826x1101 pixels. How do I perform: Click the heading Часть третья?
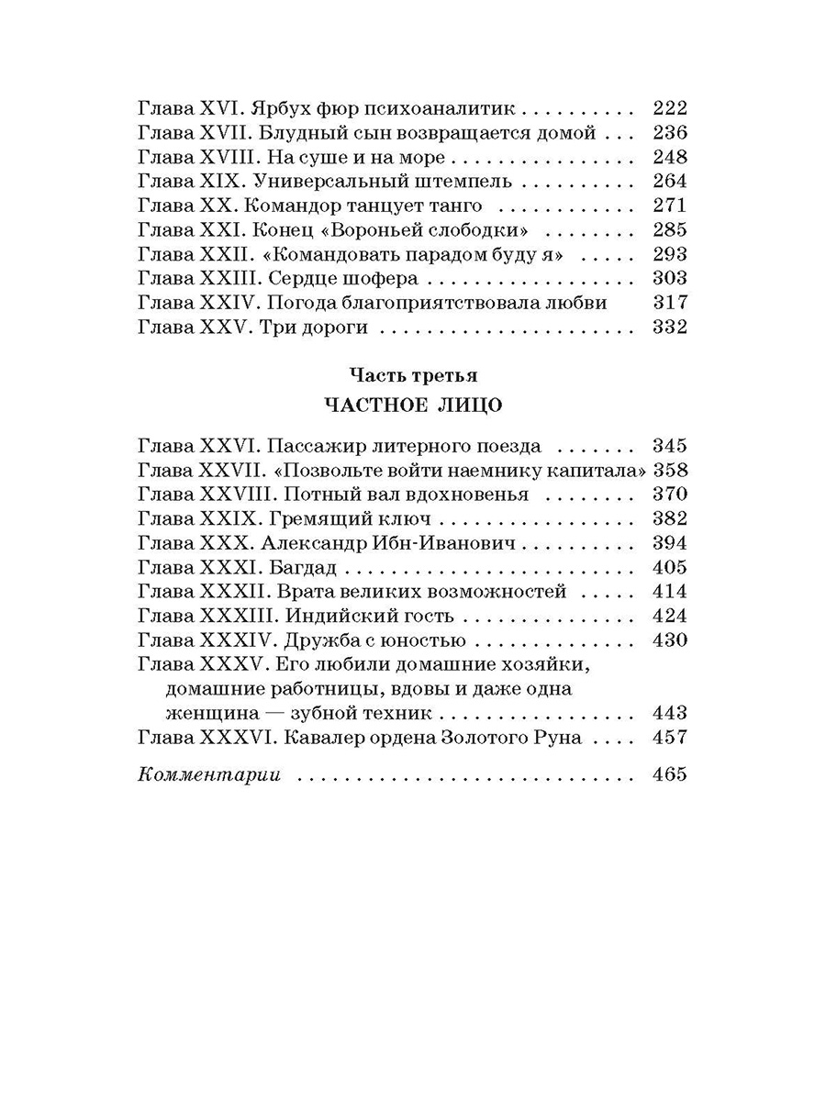(412, 375)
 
